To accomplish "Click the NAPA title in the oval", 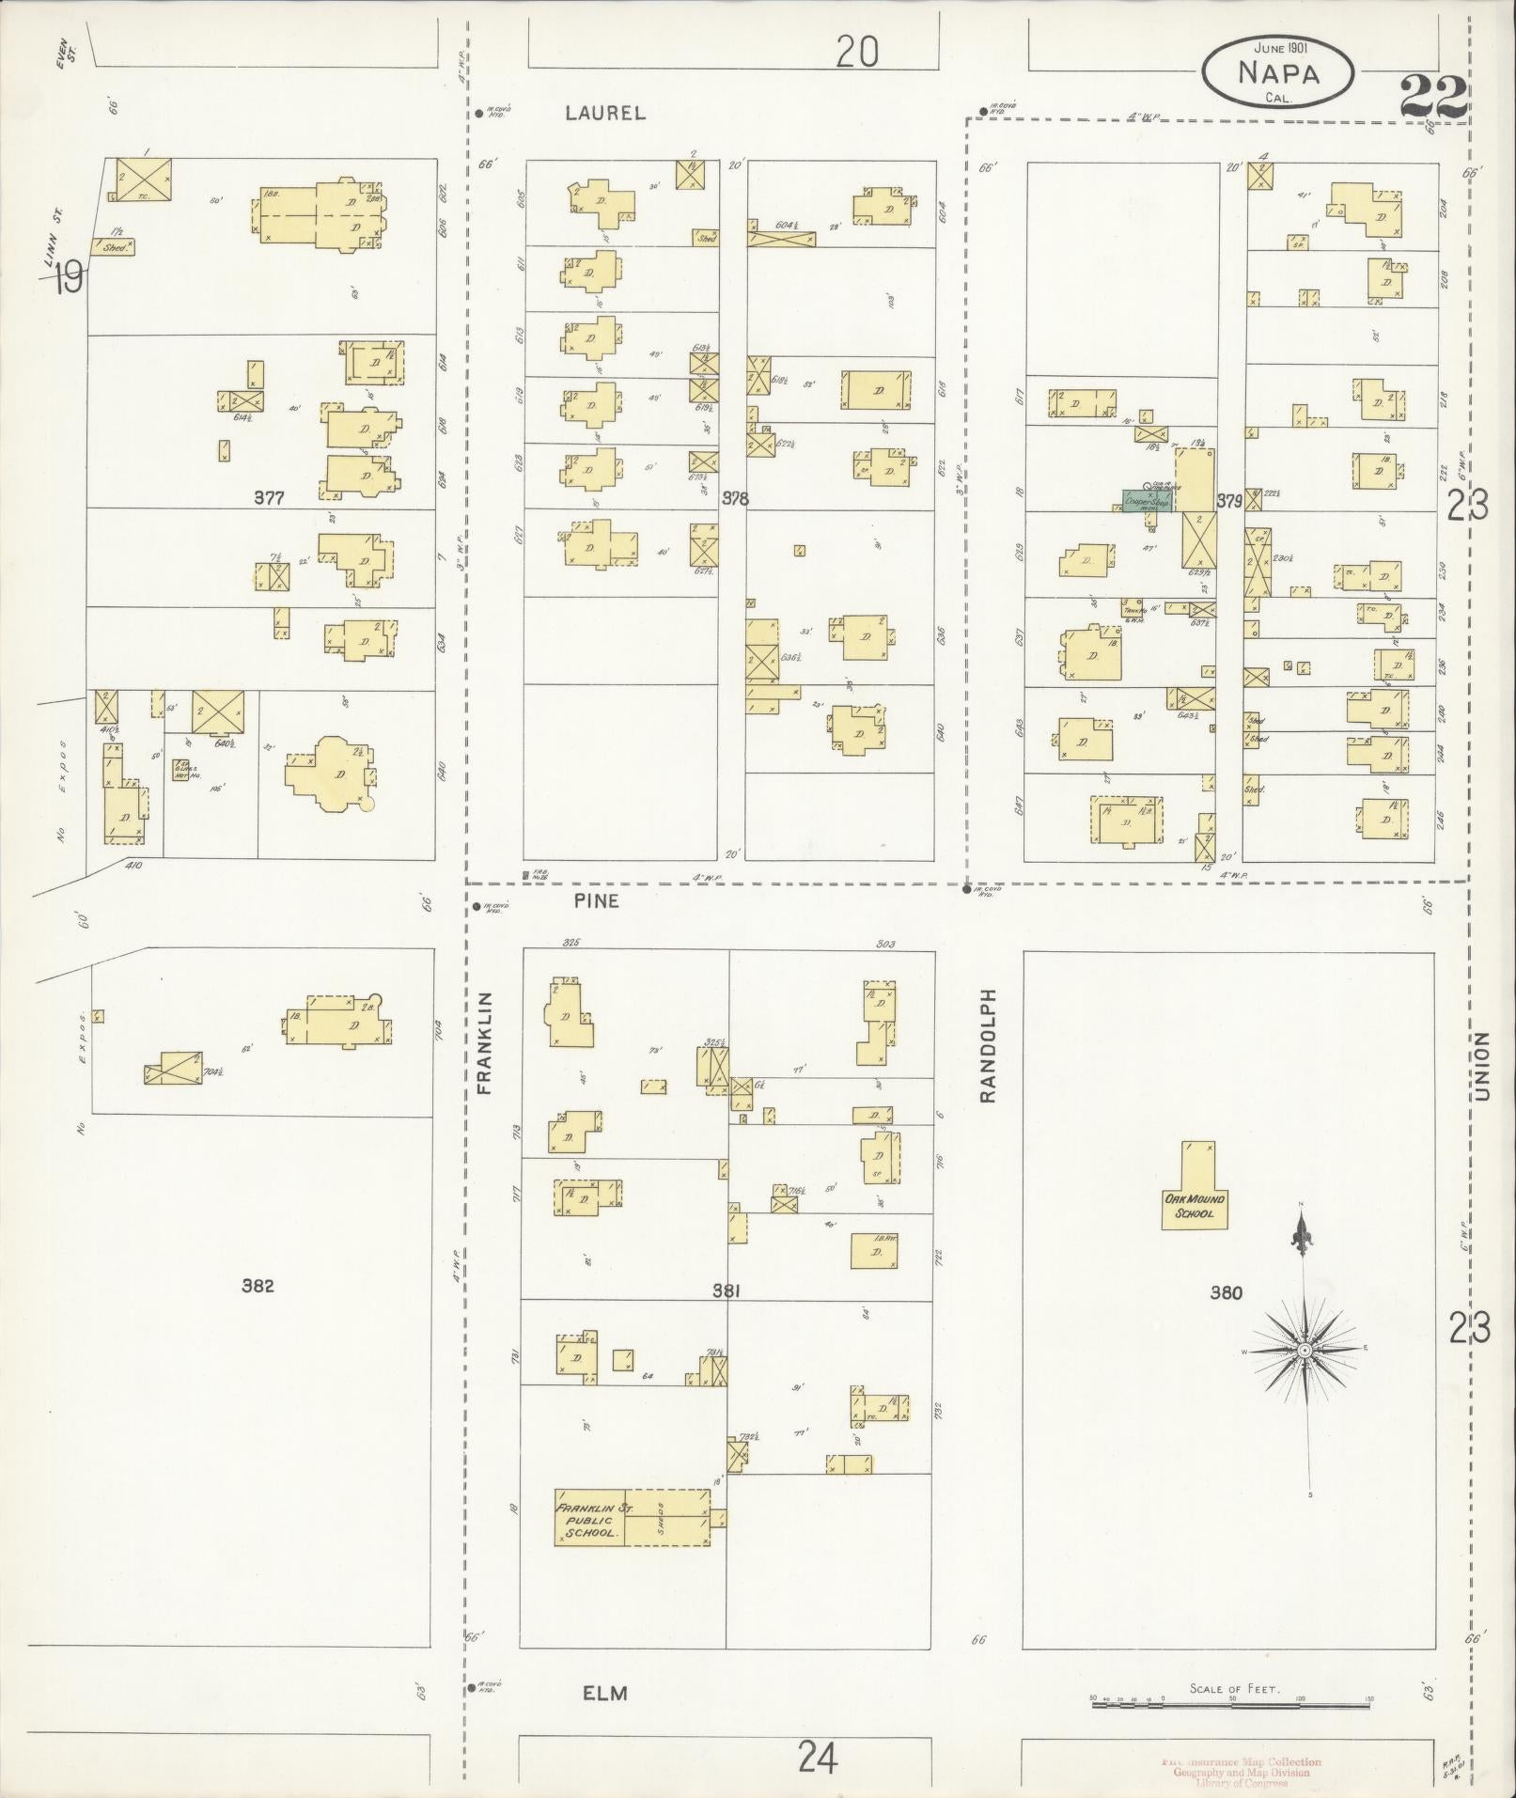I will click(1279, 72).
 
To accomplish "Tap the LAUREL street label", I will click(605, 113).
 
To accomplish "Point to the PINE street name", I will click(597, 900).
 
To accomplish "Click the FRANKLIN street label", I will click(485, 1042).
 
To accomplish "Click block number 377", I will click(270, 498).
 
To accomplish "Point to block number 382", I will click(257, 1285).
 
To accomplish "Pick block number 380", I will click(1227, 1292).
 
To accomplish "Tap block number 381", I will click(727, 1291).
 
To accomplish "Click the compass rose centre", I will click(1304, 1350).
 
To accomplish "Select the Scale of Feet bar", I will click(1231, 1702).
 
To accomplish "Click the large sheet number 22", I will click(1432, 96).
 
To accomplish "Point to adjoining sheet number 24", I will click(818, 1755).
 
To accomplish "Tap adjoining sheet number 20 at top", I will click(857, 53).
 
